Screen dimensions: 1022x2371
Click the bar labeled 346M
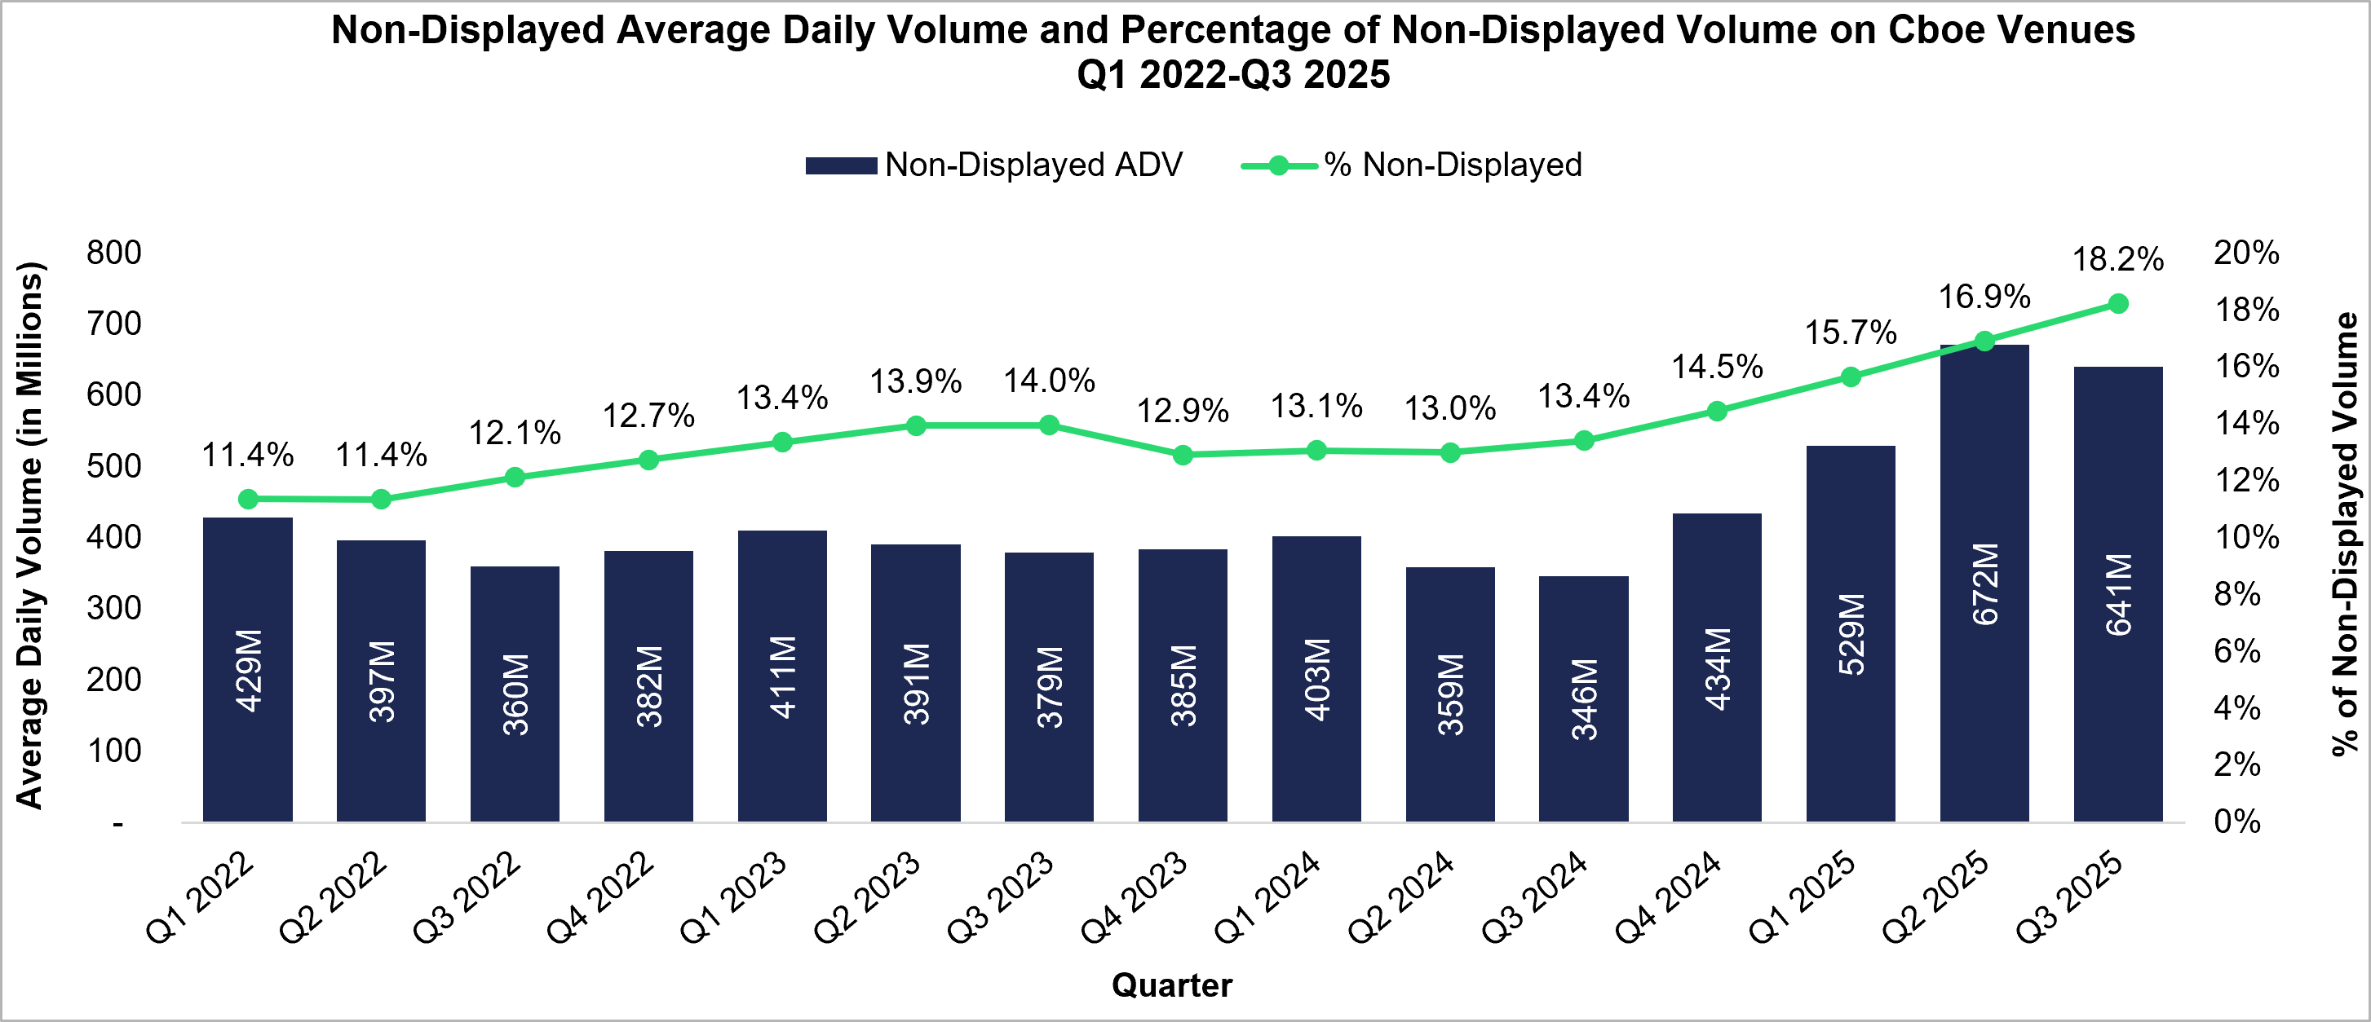coord(1583,699)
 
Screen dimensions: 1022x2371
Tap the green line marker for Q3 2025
coord(2118,303)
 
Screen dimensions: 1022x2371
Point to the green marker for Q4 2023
coord(1183,455)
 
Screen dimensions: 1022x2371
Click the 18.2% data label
coord(2117,260)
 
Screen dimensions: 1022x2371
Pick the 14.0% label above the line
coord(1048,381)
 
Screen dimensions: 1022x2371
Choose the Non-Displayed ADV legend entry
coord(994,165)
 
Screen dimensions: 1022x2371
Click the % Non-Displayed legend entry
coord(1413,165)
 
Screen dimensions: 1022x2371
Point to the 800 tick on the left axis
coord(113,253)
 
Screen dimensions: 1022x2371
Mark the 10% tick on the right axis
coord(2246,537)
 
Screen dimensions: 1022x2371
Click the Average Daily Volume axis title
coord(30,535)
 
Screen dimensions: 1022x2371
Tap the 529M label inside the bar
coord(1851,634)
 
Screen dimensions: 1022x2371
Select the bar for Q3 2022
coord(515,694)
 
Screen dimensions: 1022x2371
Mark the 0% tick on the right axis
coord(2236,822)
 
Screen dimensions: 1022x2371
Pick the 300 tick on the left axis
coord(113,608)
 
